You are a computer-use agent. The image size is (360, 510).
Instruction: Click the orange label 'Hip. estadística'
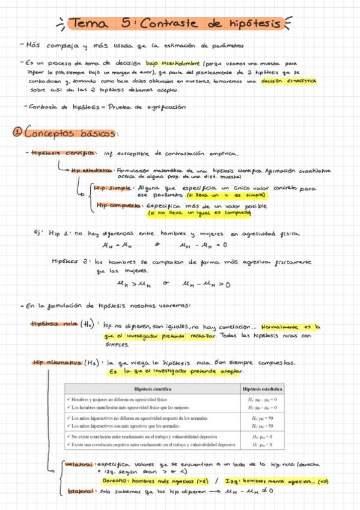(x=93, y=170)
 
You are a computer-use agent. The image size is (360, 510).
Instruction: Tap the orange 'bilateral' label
(x=79, y=491)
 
